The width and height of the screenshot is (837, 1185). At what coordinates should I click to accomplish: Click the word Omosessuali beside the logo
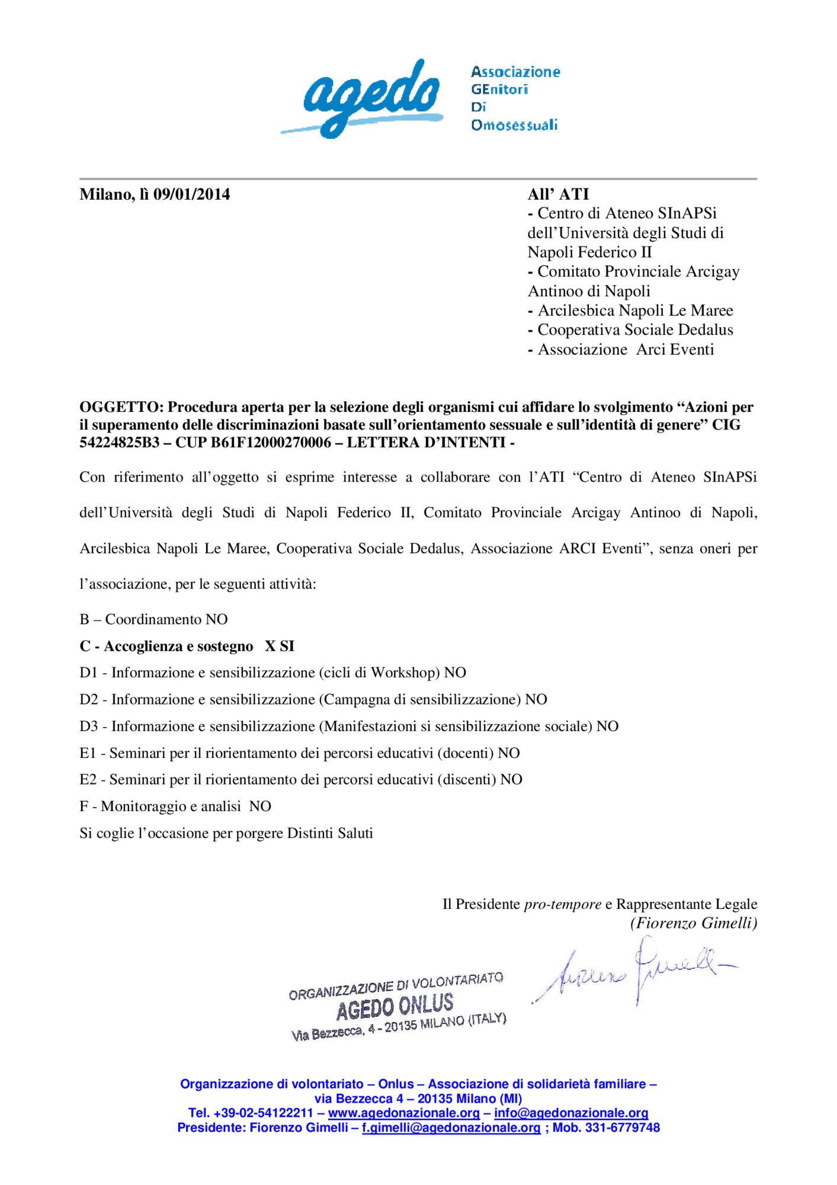[x=514, y=125]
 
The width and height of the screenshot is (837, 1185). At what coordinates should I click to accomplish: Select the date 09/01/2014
[x=191, y=194]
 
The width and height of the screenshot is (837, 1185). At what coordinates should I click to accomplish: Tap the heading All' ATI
[x=558, y=194]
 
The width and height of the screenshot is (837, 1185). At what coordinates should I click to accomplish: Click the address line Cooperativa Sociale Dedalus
[x=634, y=330]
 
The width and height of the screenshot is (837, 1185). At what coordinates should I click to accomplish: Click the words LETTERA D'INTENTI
[x=426, y=443]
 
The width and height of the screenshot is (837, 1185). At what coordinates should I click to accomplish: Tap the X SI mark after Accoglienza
[x=280, y=646]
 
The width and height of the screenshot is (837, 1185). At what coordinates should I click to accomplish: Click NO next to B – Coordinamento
[x=216, y=619]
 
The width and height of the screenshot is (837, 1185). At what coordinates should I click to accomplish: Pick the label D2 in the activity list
[x=88, y=699]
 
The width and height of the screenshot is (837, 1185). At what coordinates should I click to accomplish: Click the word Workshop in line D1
[x=405, y=672]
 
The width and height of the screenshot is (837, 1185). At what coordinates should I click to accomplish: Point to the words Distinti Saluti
[x=330, y=833]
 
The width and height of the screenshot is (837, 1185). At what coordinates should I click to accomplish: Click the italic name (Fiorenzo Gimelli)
[x=694, y=923]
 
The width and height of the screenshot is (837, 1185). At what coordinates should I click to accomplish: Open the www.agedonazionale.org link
[x=403, y=1113]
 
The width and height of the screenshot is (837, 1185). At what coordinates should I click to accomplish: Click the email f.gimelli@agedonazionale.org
[x=451, y=1128]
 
